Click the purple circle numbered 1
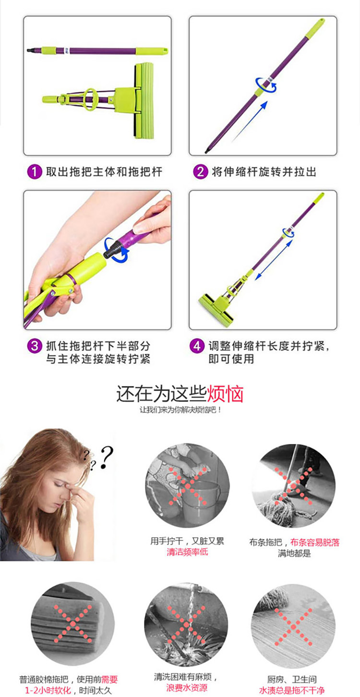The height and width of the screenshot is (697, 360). coord(35,172)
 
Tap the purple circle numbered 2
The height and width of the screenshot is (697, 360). coord(200,172)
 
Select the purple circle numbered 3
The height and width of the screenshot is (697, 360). coord(35,346)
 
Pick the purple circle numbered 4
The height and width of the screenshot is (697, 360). coord(197,346)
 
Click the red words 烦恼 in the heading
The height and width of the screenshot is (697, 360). coord(225,394)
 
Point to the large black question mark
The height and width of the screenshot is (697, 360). coord(107,457)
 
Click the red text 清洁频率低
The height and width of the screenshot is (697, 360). coord(187,552)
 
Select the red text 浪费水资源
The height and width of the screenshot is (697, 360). coord(186,688)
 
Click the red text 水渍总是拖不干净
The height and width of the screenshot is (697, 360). coord(291,690)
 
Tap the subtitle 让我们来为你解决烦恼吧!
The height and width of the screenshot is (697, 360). coord(180,410)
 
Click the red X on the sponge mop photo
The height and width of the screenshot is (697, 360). coord(72,624)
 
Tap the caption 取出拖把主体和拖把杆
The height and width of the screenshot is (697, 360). coord(104,172)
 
